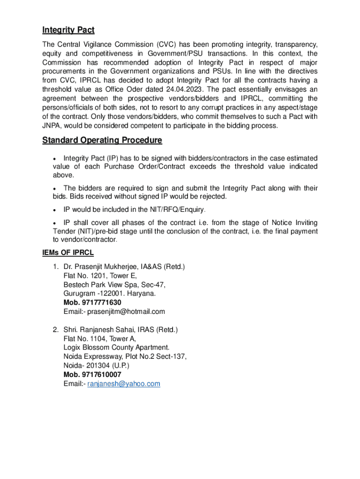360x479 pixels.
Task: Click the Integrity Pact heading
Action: point(68,30)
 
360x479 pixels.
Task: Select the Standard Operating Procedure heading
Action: point(102,140)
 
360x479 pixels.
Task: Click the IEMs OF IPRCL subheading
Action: point(68,253)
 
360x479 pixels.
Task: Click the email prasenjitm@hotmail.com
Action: point(126,312)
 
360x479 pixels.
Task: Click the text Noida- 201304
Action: point(85,366)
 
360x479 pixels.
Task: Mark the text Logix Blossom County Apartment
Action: point(116,348)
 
